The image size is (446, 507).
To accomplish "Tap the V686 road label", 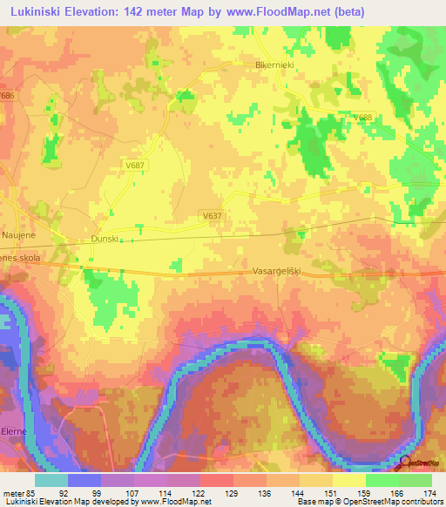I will (9, 95).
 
